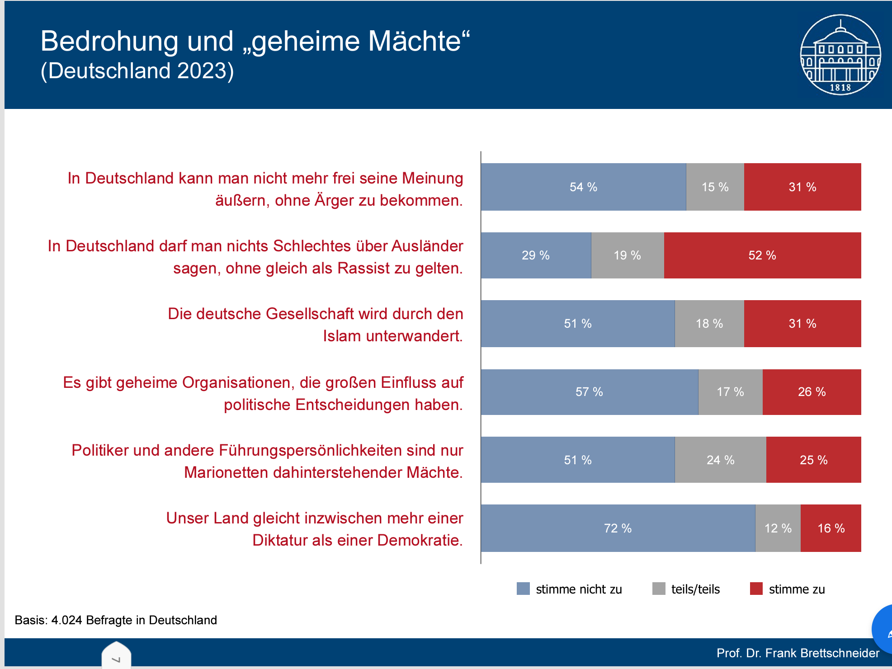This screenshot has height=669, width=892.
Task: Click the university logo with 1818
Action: (x=840, y=55)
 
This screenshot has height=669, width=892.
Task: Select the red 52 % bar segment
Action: (x=762, y=255)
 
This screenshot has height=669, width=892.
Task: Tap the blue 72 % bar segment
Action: (x=618, y=528)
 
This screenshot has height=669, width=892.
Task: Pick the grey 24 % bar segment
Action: (x=720, y=460)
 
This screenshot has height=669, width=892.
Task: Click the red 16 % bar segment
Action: (x=831, y=528)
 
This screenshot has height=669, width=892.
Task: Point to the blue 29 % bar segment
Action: (x=536, y=255)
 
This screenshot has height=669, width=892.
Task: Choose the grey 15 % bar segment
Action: (x=715, y=187)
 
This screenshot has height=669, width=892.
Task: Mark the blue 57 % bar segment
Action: (x=589, y=392)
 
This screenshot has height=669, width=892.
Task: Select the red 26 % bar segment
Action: (x=812, y=392)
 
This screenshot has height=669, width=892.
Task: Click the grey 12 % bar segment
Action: (x=778, y=528)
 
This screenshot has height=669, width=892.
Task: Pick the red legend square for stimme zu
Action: (x=756, y=589)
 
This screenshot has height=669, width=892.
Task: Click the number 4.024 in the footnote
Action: (x=67, y=620)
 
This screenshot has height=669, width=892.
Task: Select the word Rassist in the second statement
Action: (x=363, y=269)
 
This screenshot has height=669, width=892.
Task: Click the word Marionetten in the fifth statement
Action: (x=226, y=473)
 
